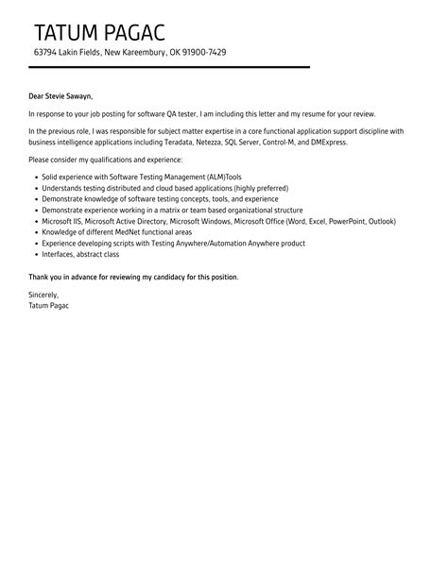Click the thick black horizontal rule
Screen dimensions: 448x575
(x=169, y=68)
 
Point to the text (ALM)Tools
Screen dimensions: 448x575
(x=198, y=177)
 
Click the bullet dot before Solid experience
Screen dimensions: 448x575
(x=35, y=177)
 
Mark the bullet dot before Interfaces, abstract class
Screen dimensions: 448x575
(x=35, y=254)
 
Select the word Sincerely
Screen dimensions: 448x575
(x=45, y=296)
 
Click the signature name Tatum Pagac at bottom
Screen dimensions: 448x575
(x=49, y=306)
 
